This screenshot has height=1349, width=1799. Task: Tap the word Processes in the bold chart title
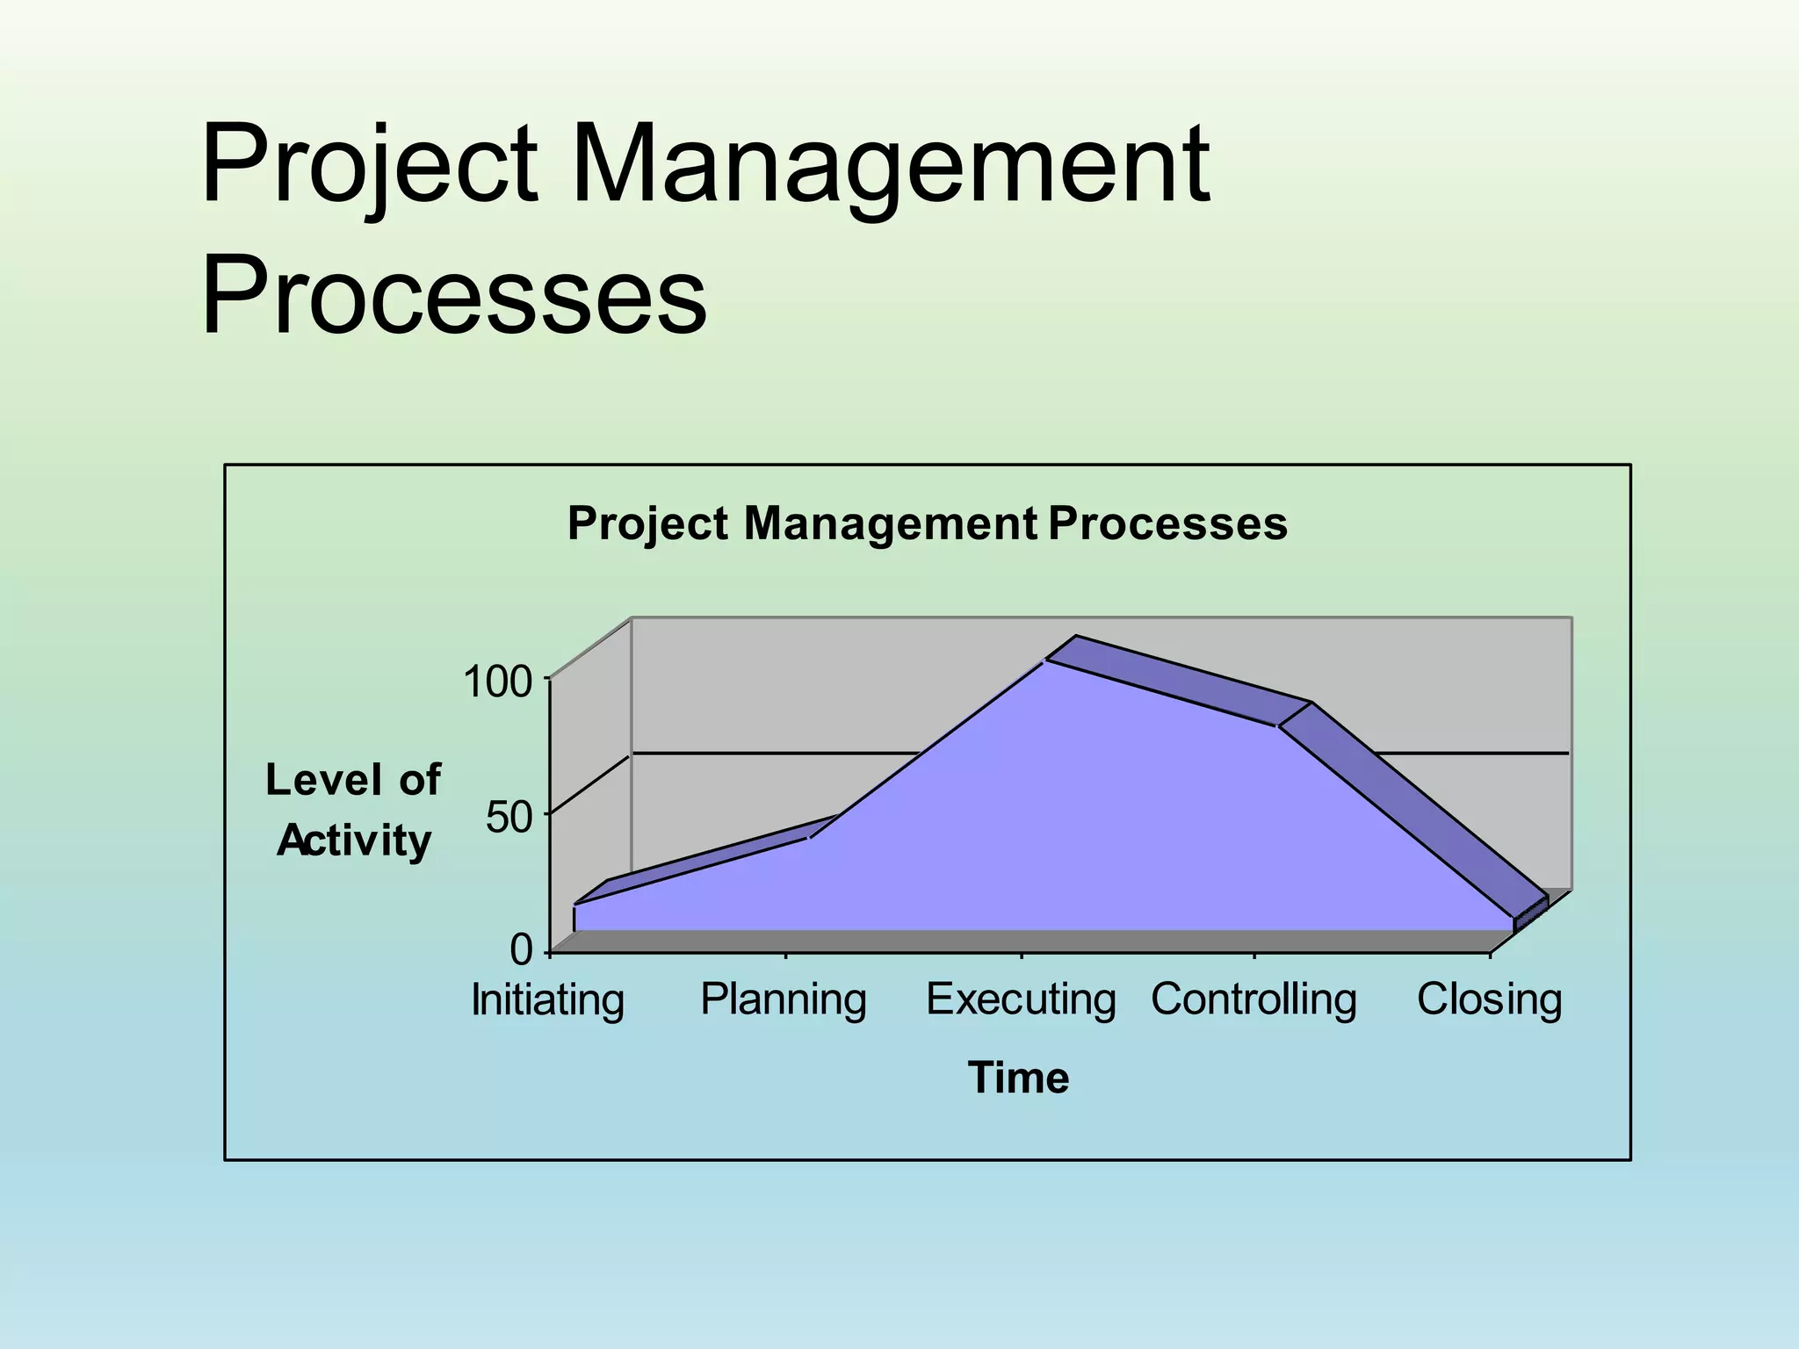click(x=1167, y=524)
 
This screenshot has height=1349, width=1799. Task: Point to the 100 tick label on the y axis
click(x=498, y=682)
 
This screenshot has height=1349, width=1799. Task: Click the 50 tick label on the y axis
click(x=509, y=818)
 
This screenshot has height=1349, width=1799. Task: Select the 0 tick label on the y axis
click(x=521, y=950)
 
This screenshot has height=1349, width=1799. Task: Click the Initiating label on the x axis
click(x=547, y=1000)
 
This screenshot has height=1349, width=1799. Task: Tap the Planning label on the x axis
click(x=784, y=1000)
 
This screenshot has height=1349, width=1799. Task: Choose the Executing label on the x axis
click(x=1021, y=1000)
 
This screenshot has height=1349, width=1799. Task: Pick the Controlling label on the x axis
click(x=1254, y=1000)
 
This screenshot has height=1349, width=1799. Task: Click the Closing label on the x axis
click(x=1490, y=1000)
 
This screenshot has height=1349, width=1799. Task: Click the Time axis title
click(x=1018, y=1078)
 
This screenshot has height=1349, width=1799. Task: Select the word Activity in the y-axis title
click(x=354, y=841)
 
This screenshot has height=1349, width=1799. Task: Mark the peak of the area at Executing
click(x=1045, y=660)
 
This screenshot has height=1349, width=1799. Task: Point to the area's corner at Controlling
click(x=1278, y=726)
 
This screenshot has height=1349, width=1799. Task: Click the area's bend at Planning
click(x=809, y=838)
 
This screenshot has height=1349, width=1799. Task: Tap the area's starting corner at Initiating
click(x=574, y=905)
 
